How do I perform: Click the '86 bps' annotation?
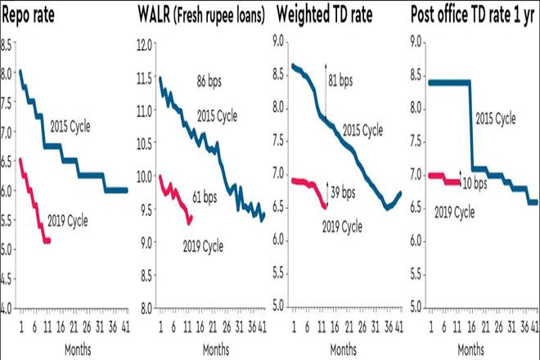(214, 83)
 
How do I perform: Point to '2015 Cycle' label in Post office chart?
(497, 119)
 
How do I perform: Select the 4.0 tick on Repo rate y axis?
(7, 308)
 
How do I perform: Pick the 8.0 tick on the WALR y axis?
(145, 308)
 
